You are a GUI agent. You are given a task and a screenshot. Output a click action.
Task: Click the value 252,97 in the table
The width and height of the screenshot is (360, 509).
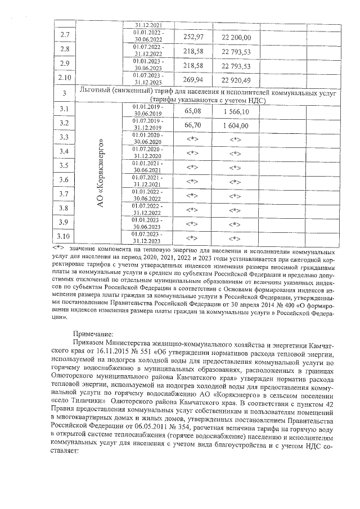tap(193, 37)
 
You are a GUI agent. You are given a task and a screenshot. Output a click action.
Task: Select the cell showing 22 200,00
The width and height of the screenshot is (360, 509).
tap(236, 37)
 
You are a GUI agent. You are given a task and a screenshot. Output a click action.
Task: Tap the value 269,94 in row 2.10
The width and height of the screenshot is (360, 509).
tap(193, 79)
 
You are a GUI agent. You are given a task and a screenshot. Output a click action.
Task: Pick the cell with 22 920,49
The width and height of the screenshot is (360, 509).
tap(236, 79)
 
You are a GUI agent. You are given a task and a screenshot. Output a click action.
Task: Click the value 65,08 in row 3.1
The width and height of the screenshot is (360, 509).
tap(193, 111)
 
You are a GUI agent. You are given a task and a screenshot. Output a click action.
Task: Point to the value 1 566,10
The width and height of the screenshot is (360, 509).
tap(236, 111)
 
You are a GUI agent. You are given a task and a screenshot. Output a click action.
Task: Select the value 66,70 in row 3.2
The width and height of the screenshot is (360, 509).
tap(193, 125)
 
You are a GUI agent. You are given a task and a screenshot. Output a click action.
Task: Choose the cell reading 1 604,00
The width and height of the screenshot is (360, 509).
tap(236, 125)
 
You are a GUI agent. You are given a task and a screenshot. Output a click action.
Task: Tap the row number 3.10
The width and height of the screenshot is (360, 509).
tap(64, 236)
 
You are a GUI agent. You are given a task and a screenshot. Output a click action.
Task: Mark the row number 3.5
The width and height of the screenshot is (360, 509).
tap(64, 165)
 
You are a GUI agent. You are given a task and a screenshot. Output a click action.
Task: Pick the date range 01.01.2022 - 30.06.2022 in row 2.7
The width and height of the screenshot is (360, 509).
tap(148, 36)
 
